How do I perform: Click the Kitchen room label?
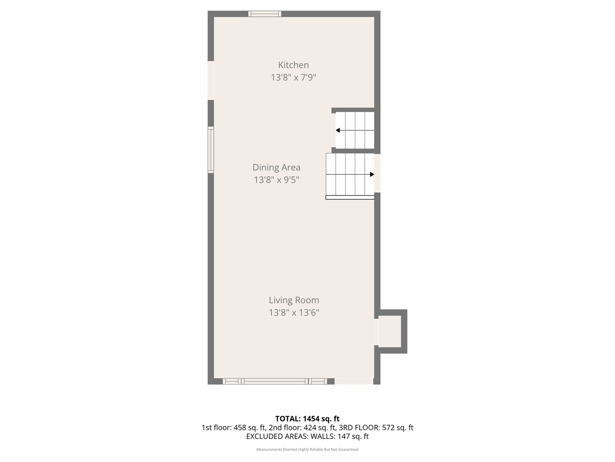point(293,65)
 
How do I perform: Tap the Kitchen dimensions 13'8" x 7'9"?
point(293,77)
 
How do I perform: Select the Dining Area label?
point(276,167)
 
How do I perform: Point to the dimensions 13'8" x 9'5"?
point(276,180)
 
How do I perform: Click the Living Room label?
point(294,300)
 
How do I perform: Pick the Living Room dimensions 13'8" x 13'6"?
point(294,313)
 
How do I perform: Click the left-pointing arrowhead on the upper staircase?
point(338,130)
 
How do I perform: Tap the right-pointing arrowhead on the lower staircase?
point(372,175)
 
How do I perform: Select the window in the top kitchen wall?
point(265,14)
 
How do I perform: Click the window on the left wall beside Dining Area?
point(211,150)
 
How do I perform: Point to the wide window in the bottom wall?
point(275,381)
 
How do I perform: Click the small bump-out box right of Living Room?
point(390,332)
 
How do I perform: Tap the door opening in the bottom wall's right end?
point(354,381)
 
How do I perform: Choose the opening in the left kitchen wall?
point(211,80)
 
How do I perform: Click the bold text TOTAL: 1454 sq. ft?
point(307,419)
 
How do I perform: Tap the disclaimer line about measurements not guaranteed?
point(307,450)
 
